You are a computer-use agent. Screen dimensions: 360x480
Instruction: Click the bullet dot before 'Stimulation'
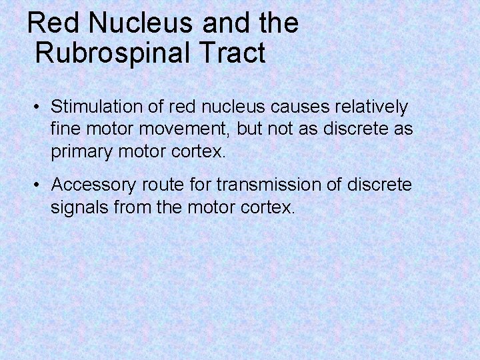pyautogui.click(x=40, y=107)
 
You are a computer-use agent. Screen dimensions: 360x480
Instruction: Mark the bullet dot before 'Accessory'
pyautogui.click(x=40, y=185)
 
